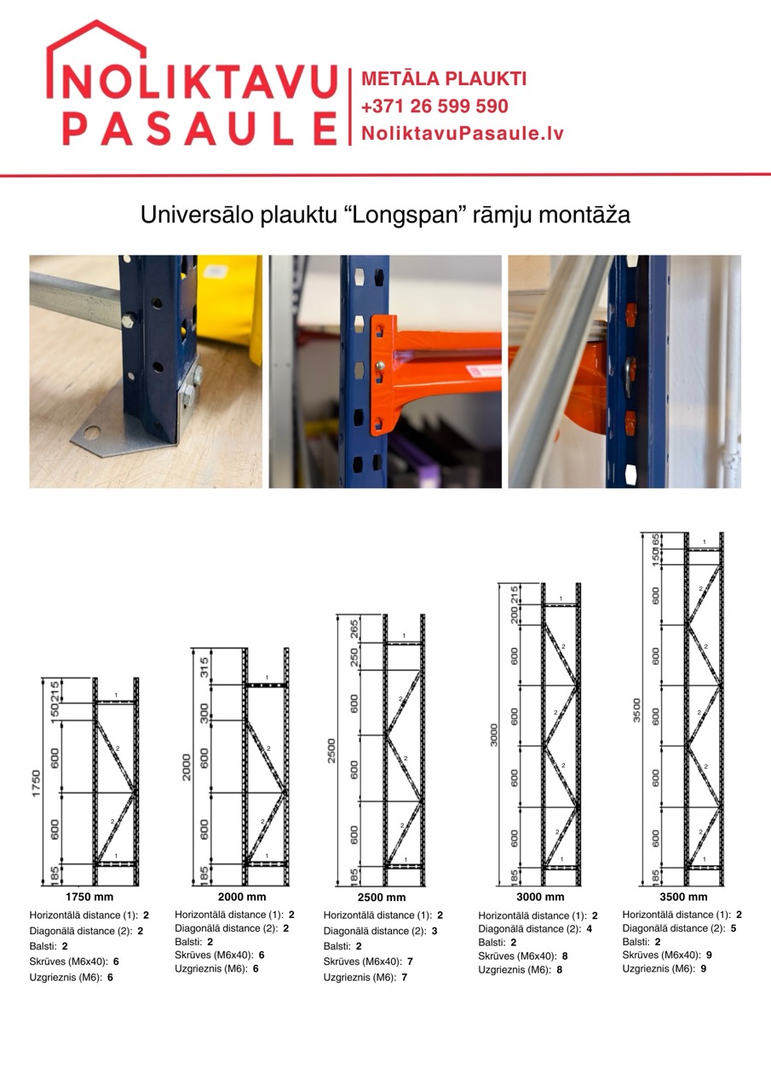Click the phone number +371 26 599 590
pyautogui.click(x=434, y=107)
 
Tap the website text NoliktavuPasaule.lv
pyautogui.click(x=463, y=134)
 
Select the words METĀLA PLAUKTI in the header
pyautogui.click(x=444, y=79)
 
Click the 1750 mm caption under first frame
pyautogui.click(x=89, y=897)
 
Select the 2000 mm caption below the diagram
pyautogui.click(x=242, y=897)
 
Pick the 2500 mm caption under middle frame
pyautogui.click(x=382, y=898)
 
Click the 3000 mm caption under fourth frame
pyautogui.click(x=540, y=897)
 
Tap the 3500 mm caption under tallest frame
pyautogui.click(x=683, y=897)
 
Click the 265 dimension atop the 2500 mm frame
pyautogui.click(x=354, y=629)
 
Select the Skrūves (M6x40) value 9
pyautogui.click(x=703, y=955)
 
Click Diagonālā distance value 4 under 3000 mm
pyautogui.click(x=590, y=929)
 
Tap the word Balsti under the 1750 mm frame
pyautogui.click(x=43, y=946)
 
